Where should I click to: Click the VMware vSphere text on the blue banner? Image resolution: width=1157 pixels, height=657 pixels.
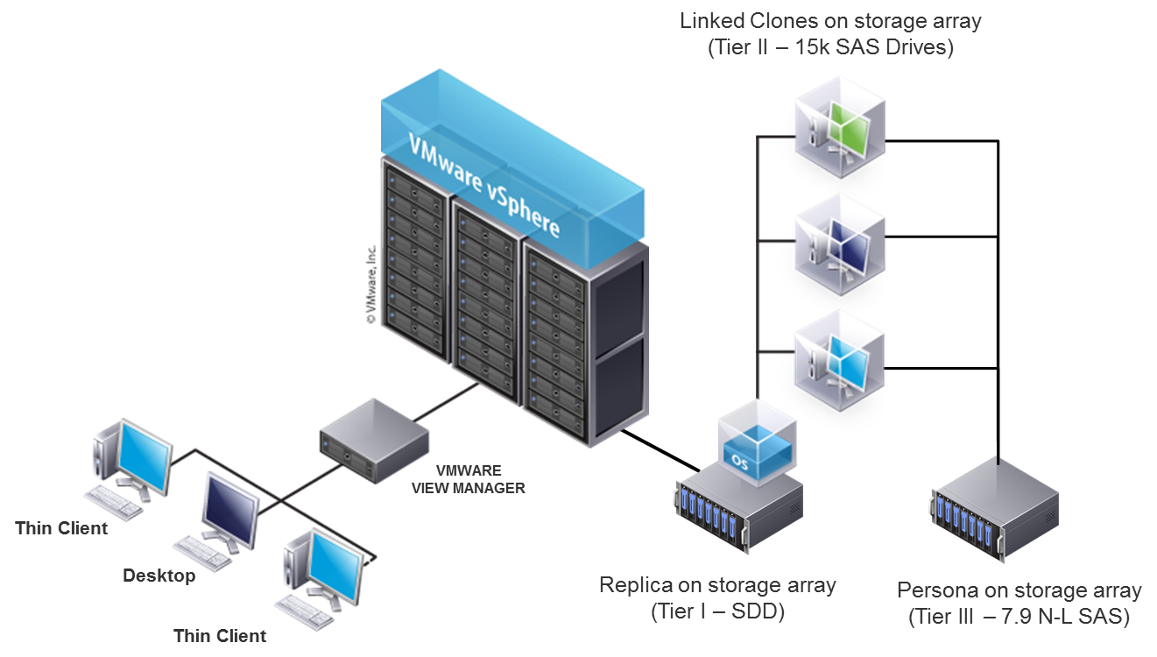(484, 183)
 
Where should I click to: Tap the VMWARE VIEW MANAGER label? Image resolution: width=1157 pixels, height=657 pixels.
(469, 479)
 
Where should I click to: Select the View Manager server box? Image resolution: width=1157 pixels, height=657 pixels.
(375, 437)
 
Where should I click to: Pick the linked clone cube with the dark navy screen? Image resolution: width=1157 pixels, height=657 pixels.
(839, 243)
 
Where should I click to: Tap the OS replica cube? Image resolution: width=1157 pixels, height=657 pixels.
(758, 442)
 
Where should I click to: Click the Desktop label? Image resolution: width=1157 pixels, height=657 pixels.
(159, 576)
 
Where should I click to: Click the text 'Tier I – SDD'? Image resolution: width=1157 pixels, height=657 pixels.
(717, 611)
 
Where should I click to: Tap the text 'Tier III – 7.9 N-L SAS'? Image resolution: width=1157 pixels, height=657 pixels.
(1019, 617)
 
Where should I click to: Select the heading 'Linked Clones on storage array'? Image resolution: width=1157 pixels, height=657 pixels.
(830, 21)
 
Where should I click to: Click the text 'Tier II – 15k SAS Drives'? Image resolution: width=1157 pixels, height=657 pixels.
(830, 47)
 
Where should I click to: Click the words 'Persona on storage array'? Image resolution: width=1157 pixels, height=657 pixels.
(1019, 590)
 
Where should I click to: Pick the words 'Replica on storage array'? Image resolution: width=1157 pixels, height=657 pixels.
(717, 584)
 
